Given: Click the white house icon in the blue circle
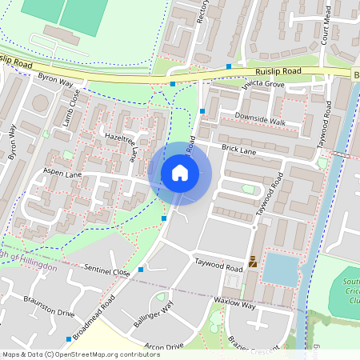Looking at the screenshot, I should click(x=180, y=173).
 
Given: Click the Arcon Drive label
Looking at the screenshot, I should click(x=163, y=346).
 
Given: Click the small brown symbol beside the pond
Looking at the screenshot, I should click(x=254, y=261).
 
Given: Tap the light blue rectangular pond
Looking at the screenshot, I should click(x=279, y=269).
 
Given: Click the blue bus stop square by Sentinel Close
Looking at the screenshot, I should click(x=141, y=270).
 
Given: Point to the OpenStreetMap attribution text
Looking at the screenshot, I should click(x=69, y=354).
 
